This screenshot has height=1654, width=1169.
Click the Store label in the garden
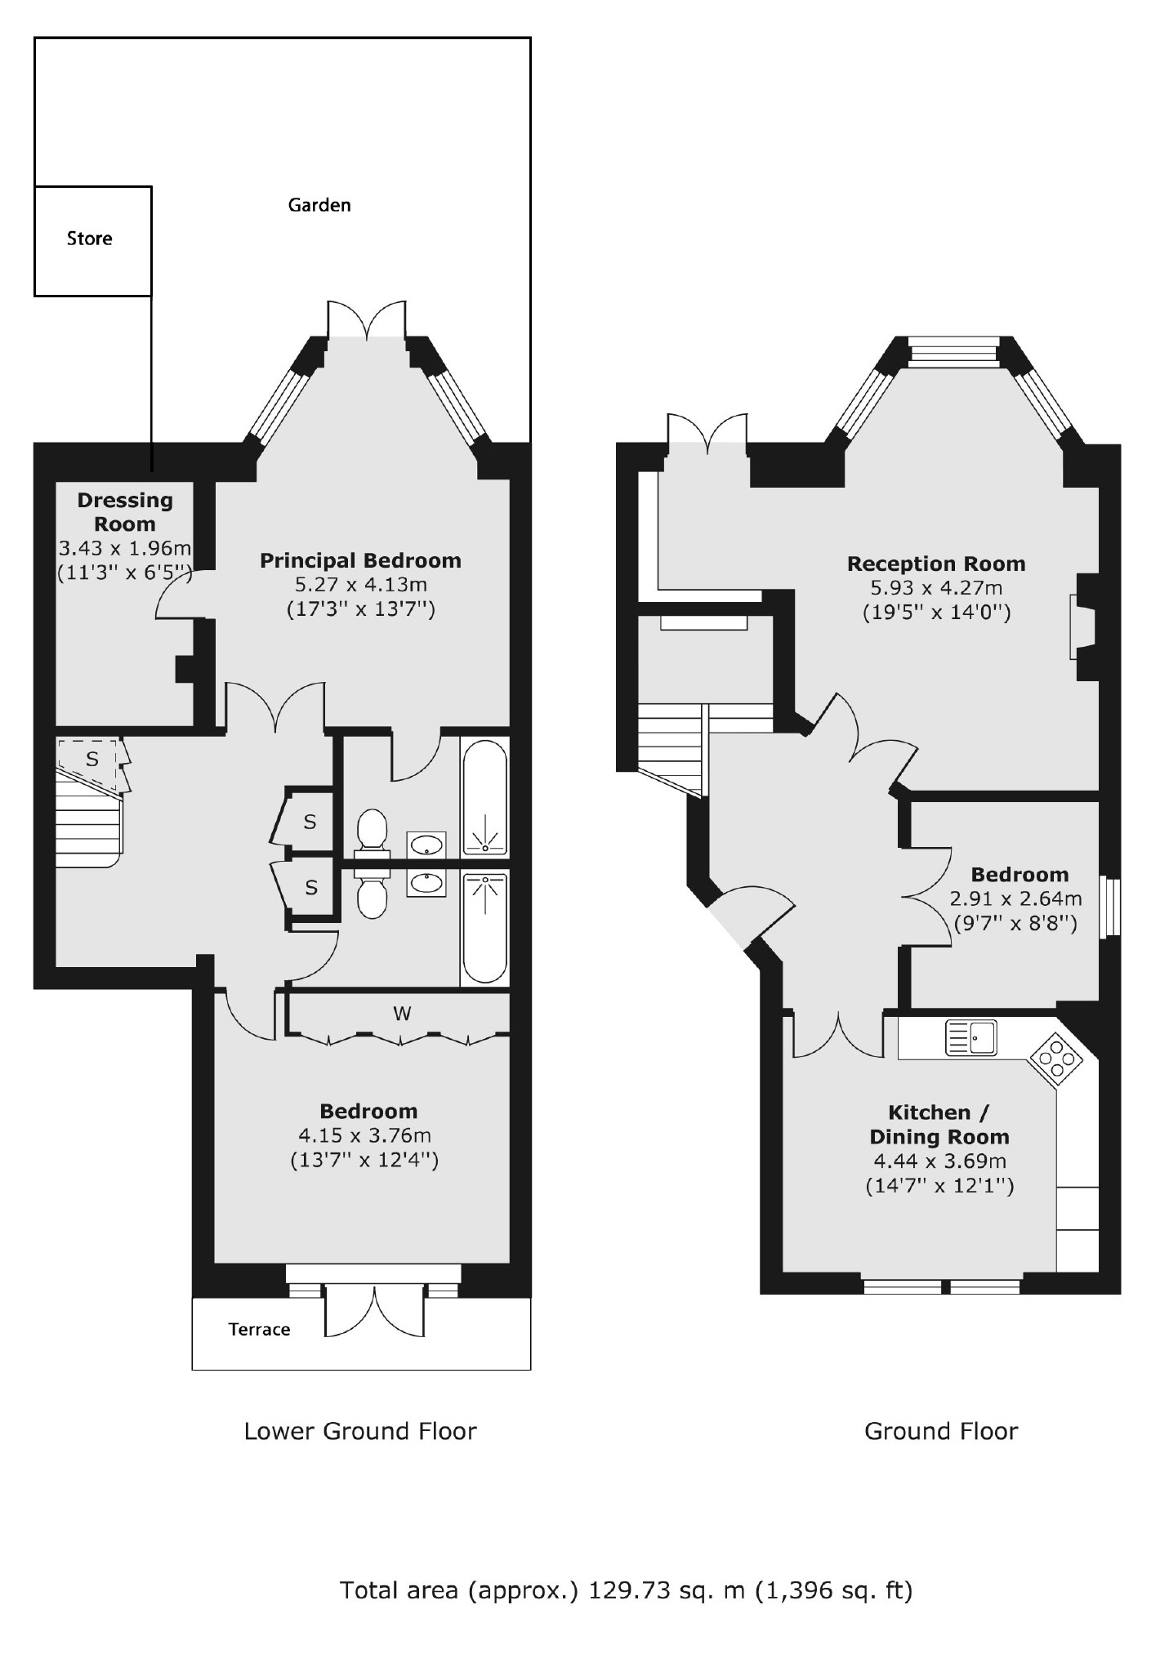click(90, 239)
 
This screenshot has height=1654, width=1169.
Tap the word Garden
click(319, 205)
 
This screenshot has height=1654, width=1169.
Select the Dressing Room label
click(125, 512)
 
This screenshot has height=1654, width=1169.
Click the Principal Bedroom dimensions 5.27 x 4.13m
click(361, 585)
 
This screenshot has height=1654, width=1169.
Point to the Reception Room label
click(936, 564)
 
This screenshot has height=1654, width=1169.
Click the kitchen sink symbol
click(970, 1038)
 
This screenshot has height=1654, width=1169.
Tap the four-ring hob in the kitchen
click(1055, 1060)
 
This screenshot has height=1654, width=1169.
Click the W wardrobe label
click(402, 1014)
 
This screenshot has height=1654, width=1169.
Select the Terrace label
click(260, 1330)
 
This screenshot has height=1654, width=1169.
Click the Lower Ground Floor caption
click(360, 1431)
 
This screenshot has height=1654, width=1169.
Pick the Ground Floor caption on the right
click(941, 1431)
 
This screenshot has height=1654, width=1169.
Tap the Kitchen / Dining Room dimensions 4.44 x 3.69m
click(939, 1161)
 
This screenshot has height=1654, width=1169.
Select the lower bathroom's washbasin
click(426, 883)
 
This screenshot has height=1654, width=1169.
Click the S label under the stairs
click(92, 760)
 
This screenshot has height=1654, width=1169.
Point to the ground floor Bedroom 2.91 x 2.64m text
click(1015, 899)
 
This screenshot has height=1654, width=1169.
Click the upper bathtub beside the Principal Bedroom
click(484, 797)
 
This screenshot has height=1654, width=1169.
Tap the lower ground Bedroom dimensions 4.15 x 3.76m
click(364, 1135)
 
